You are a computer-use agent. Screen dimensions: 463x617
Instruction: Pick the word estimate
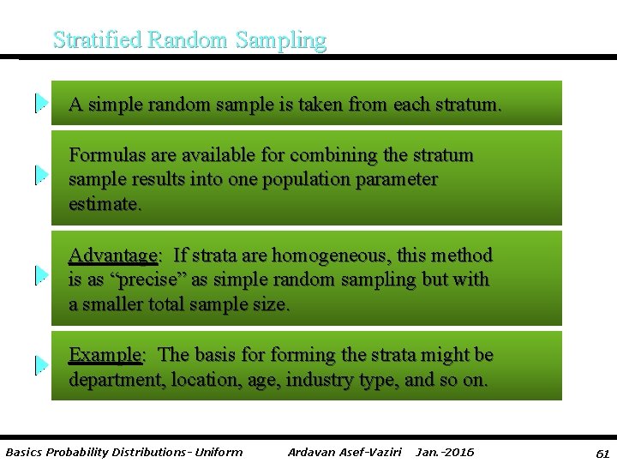click(x=104, y=205)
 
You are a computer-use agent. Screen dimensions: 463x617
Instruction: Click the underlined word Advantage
click(x=113, y=256)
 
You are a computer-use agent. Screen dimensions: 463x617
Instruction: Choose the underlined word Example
click(x=105, y=355)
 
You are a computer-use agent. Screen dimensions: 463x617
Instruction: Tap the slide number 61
click(x=602, y=453)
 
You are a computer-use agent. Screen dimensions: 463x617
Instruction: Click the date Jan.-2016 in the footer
click(x=444, y=452)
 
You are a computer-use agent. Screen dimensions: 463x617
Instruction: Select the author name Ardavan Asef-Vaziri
click(x=344, y=452)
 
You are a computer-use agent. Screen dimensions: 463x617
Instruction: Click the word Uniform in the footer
click(x=220, y=452)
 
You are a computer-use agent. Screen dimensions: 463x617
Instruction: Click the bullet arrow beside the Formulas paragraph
click(x=40, y=175)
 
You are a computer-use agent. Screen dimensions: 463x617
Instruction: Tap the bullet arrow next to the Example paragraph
click(x=40, y=365)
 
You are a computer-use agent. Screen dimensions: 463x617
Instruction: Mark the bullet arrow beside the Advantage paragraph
click(x=40, y=275)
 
